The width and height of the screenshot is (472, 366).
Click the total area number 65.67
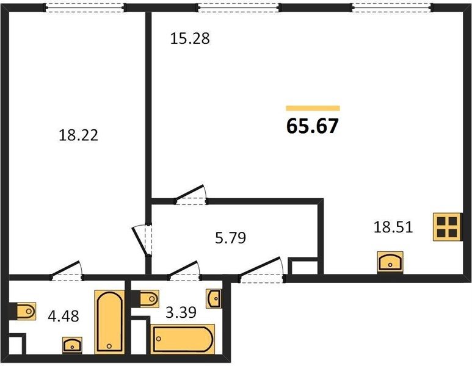click(x=313, y=126)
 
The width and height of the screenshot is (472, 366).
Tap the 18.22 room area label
click(x=78, y=135)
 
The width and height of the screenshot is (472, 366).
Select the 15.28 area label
click(x=190, y=38)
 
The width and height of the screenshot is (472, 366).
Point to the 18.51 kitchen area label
click(x=393, y=227)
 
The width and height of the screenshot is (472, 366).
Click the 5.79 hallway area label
click(x=231, y=237)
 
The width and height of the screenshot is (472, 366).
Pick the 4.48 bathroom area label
click(x=64, y=316)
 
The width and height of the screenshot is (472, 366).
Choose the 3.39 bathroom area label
click(x=181, y=312)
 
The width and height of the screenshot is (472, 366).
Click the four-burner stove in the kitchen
click(x=447, y=227)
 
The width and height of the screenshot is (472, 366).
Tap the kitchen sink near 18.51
click(x=390, y=262)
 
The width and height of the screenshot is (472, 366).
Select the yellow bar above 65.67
click(x=313, y=108)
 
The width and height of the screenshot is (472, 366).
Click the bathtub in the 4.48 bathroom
click(x=109, y=322)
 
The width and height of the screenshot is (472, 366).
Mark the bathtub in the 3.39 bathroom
click(x=183, y=339)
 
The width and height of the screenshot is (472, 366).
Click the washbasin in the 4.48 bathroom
click(x=72, y=345)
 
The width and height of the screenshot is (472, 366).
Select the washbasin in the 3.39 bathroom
click(x=214, y=299)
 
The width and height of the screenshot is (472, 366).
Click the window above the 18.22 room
click(x=85, y=7)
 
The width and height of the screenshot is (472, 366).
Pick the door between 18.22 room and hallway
click(x=142, y=240)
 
